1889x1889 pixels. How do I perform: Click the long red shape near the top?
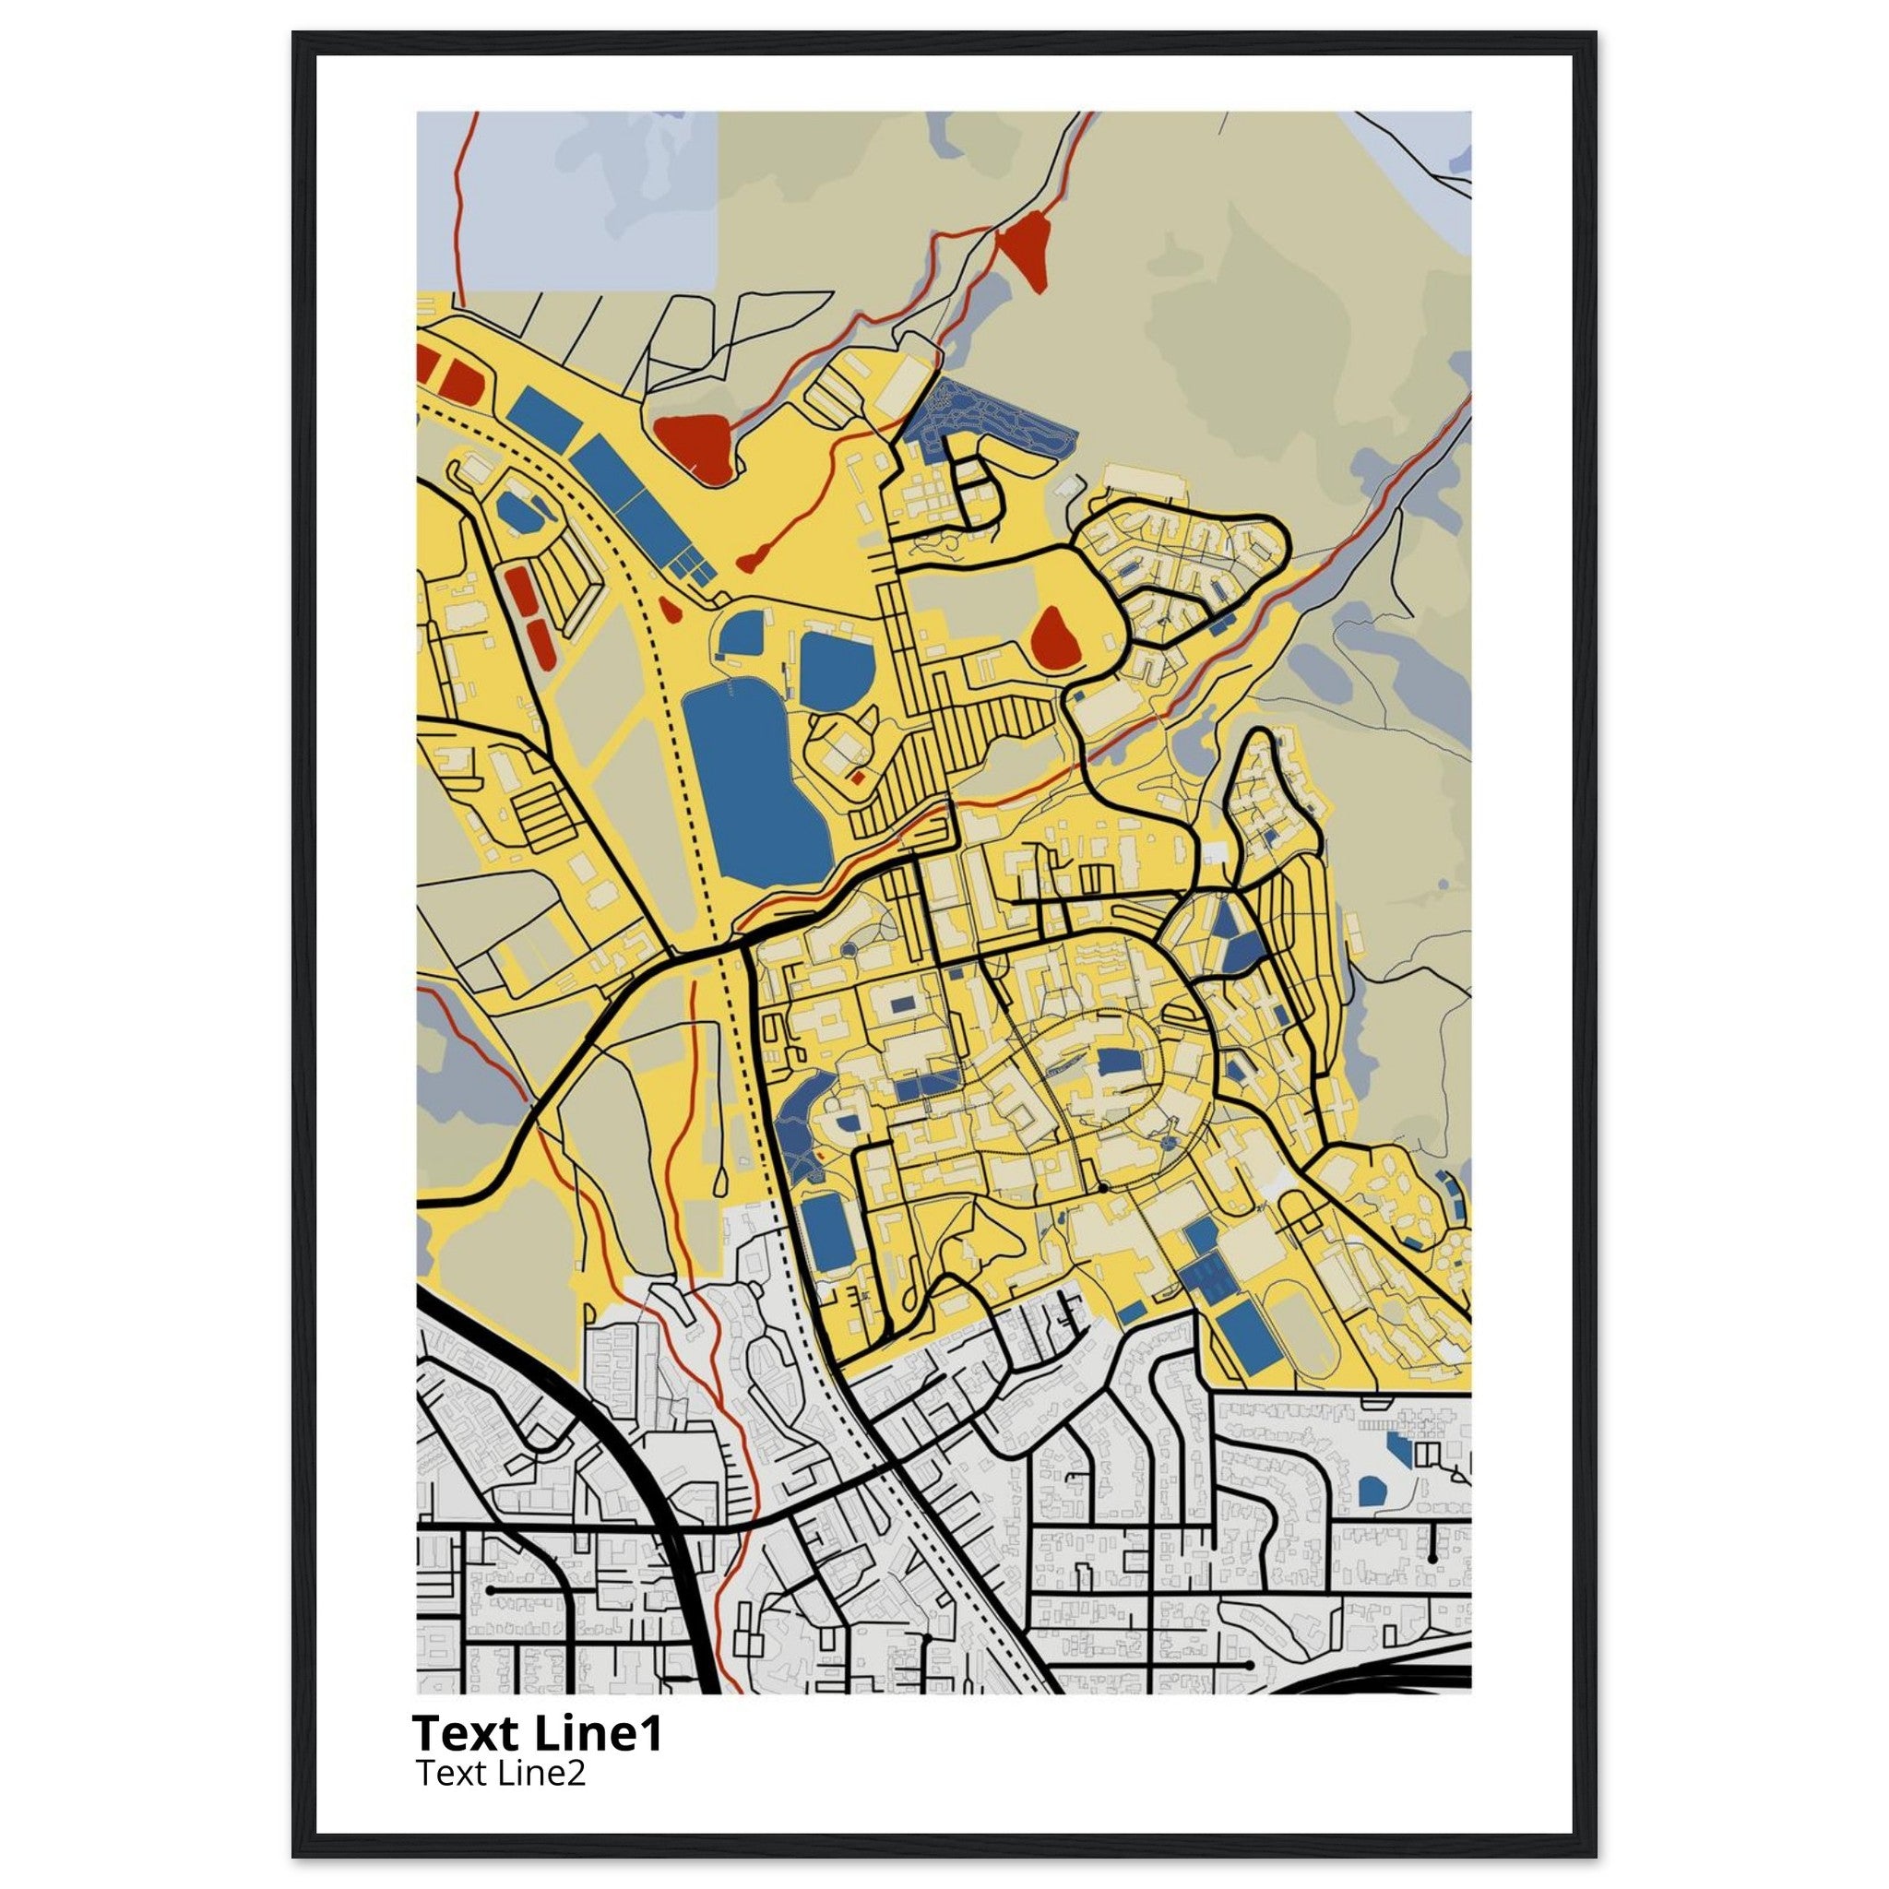1023,252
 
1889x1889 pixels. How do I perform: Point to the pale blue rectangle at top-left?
567,200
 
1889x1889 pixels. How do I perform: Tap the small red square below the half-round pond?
858,778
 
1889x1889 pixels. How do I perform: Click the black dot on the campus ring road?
1102,1187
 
